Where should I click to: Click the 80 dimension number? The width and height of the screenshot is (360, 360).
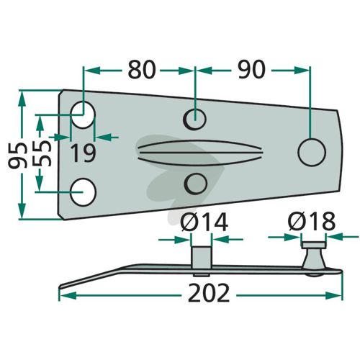pyautogui.click(x=142, y=70)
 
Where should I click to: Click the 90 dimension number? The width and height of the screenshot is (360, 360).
pyautogui.click(x=251, y=70)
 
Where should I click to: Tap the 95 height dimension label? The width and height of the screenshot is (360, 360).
pyautogui.click(x=17, y=155)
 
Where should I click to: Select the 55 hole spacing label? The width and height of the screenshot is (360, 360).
pyautogui.click(x=42, y=153)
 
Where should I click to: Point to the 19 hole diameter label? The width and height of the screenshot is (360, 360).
pyautogui.click(x=84, y=153)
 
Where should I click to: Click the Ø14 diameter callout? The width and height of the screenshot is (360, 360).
pyautogui.click(x=204, y=222)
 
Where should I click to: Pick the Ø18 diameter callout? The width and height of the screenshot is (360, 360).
pyautogui.click(x=312, y=221)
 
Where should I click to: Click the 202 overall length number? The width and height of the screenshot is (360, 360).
pyautogui.click(x=209, y=293)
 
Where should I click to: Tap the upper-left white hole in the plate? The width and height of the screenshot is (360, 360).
pyautogui.click(x=84, y=114)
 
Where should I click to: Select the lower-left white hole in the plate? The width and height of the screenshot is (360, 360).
pyautogui.click(x=83, y=192)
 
